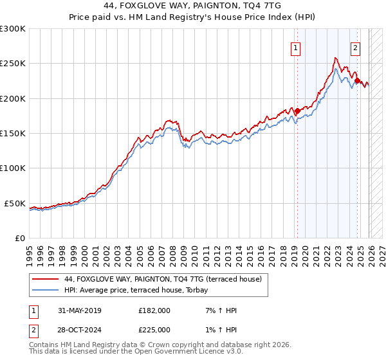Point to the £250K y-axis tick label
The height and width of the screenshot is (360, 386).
13,64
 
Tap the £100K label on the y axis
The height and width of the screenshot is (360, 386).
13,168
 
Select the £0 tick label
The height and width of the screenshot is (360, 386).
19,238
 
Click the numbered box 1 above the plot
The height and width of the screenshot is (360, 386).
295,47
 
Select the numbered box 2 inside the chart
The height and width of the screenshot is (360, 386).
355,47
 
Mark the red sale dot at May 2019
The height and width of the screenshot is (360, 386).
297,111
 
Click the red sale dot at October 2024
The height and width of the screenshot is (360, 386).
357,81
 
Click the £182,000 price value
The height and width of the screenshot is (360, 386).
154,310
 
